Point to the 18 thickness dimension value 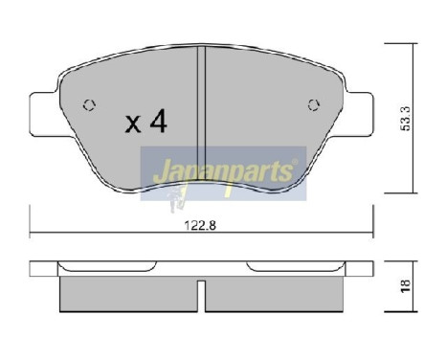(409, 284)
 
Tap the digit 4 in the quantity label (158, 123)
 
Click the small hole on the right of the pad (312, 105)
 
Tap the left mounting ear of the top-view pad (42, 111)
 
